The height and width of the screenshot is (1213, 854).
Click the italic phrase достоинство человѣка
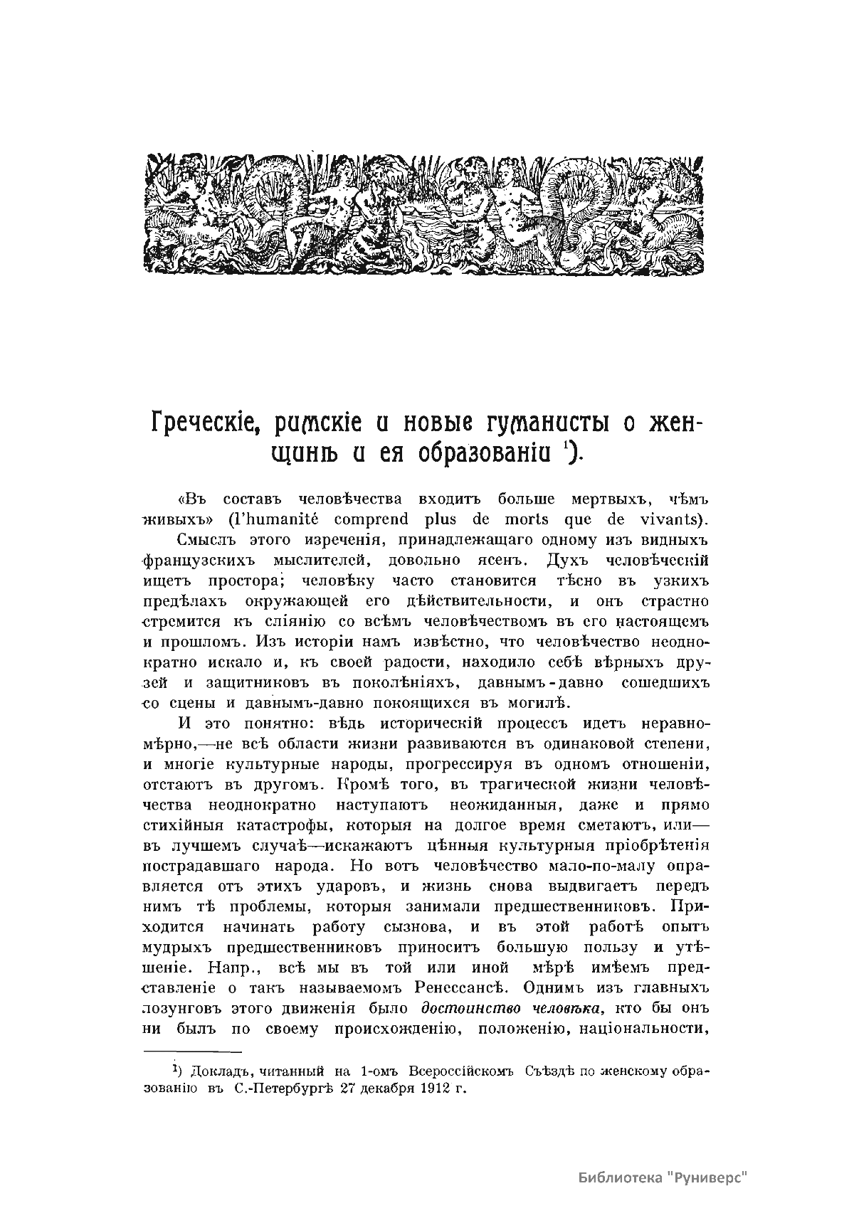512,1009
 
